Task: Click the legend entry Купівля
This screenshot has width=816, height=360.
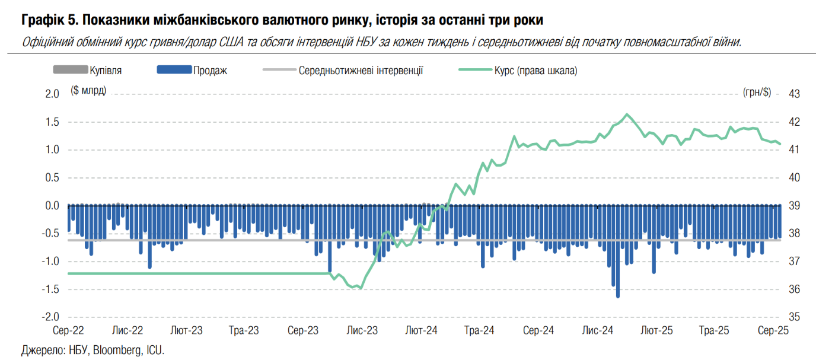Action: pyautogui.click(x=106, y=71)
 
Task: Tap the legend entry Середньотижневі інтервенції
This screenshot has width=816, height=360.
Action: pyautogui.click(x=361, y=71)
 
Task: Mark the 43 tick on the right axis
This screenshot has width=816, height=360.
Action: pyautogui.click(x=794, y=94)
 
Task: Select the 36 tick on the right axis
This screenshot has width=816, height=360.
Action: pyautogui.click(x=794, y=289)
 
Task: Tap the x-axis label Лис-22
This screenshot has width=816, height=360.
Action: pyautogui.click(x=128, y=330)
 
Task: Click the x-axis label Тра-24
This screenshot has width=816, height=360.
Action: pyautogui.click(x=480, y=330)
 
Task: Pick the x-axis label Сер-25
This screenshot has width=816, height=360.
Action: pyautogui.click(x=774, y=330)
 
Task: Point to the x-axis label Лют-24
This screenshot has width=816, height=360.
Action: pyautogui.click(x=422, y=330)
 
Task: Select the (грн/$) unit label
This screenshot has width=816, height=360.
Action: pyautogui.click(x=757, y=91)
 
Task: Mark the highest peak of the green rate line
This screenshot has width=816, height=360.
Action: pyautogui.click(x=627, y=114)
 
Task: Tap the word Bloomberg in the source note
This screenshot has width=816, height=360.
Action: pyautogui.click(x=115, y=349)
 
